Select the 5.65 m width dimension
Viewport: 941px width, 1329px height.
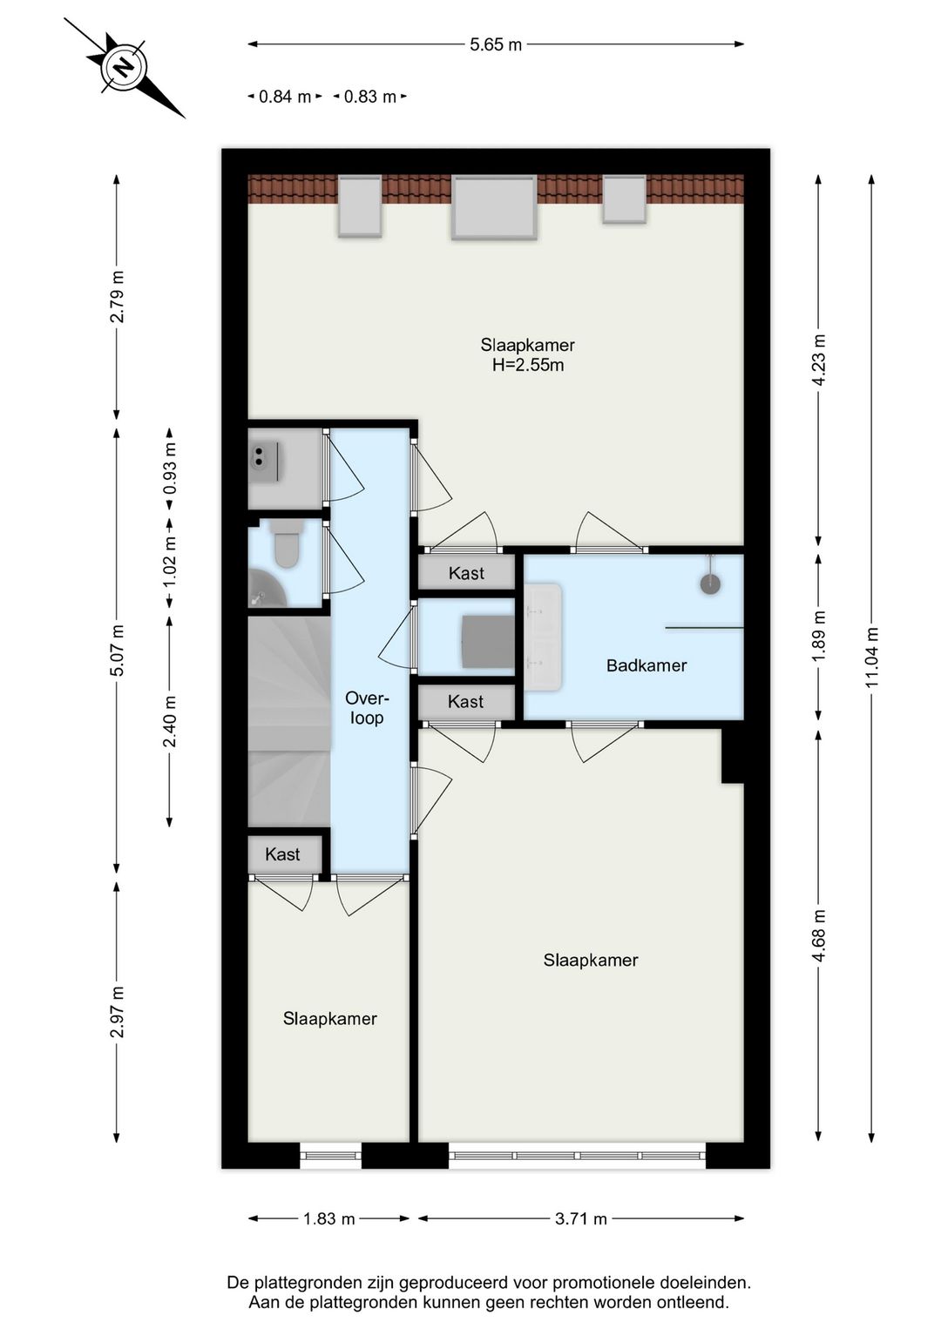click(495, 44)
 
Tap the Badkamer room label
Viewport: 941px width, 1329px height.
click(647, 665)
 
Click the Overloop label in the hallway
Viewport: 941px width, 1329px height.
click(366, 708)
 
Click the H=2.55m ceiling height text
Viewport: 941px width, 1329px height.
click(528, 365)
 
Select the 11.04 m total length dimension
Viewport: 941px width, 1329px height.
click(871, 658)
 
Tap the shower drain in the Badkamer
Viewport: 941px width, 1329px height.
click(710, 584)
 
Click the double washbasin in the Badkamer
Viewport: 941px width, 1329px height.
click(543, 638)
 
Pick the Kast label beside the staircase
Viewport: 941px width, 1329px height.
click(282, 854)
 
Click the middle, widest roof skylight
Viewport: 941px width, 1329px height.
click(493, 207)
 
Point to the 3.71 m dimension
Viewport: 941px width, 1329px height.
click(581, 1218)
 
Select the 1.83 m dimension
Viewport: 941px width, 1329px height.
click(328, 1218)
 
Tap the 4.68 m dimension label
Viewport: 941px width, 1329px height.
click(818, 935)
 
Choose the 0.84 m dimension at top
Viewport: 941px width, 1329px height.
click(285, 97)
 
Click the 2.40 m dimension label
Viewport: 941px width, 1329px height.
click(170, 720)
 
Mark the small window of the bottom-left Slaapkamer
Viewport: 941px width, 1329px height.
click(330, 1156)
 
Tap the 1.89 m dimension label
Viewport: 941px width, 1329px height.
click(818, 637)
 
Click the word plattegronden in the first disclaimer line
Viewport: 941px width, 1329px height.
click(311, 1282)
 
